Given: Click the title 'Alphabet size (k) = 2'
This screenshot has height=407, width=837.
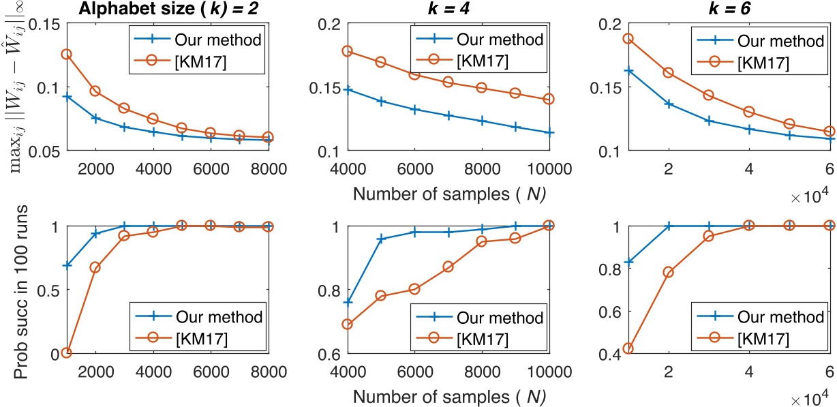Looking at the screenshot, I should (167, 9).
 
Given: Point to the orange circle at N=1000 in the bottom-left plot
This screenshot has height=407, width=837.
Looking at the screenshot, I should (66, 352).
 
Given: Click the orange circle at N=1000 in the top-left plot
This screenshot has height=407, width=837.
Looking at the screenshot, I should (66, 54).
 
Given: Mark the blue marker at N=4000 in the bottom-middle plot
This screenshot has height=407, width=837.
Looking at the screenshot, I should (346, 302).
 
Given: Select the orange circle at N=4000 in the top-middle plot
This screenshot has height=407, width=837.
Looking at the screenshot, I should (346, 51).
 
